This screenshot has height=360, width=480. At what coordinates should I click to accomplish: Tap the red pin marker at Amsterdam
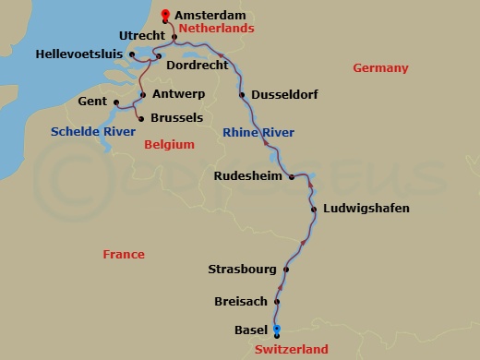pos(165,14)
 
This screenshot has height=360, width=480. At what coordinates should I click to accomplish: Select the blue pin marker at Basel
pos(276,330)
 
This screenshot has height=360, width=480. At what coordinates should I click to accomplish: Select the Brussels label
pos(175,118)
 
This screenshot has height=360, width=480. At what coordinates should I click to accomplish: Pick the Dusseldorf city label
pos(281,94)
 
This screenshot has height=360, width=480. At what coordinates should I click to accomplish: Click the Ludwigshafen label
pos(366,209)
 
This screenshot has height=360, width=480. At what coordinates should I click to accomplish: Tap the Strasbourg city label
pos(242,270)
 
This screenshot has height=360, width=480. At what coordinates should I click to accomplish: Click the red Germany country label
pos(380,68)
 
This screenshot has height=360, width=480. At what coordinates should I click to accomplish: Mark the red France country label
pos(124,254)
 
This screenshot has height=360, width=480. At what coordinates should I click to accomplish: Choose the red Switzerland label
pos(291,349)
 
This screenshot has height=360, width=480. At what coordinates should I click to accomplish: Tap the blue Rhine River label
pos(258,133)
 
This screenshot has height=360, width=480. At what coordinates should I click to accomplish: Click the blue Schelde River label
pos(88,132)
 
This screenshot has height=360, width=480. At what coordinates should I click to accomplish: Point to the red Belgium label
pos(170,144)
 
